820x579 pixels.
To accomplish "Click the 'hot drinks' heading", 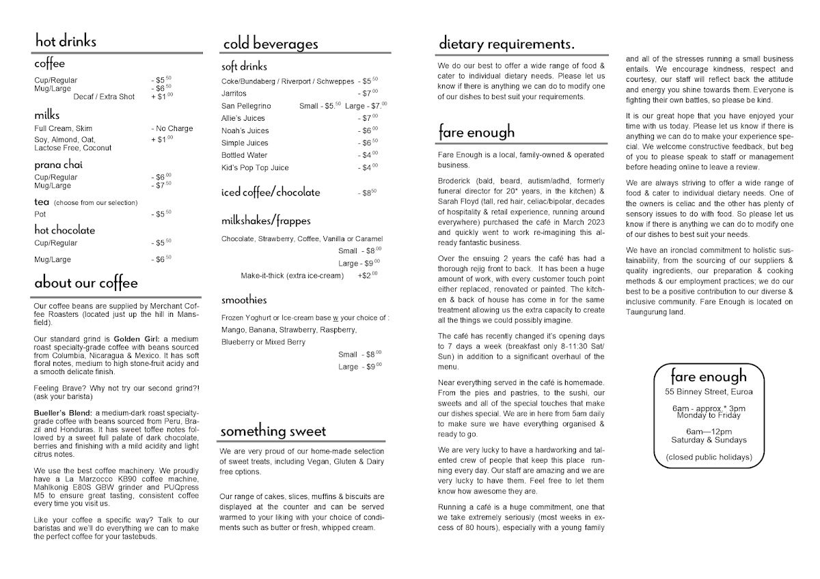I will tap(66, 41).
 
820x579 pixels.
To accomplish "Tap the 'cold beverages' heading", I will tap(270, 44).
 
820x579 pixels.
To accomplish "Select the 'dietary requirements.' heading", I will tap(506, 44).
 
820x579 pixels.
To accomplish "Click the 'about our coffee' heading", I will tap(86, 283).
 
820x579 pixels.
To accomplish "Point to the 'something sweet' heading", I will tap(273, 432).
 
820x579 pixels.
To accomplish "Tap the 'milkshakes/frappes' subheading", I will tap(266, 221).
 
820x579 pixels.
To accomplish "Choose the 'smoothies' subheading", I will tap(244, 300).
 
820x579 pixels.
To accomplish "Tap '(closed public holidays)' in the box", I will tap(709, 457).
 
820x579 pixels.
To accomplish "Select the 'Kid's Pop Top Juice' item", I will tap(255, 167).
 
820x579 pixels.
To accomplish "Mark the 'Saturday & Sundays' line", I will tap(709, 440).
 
